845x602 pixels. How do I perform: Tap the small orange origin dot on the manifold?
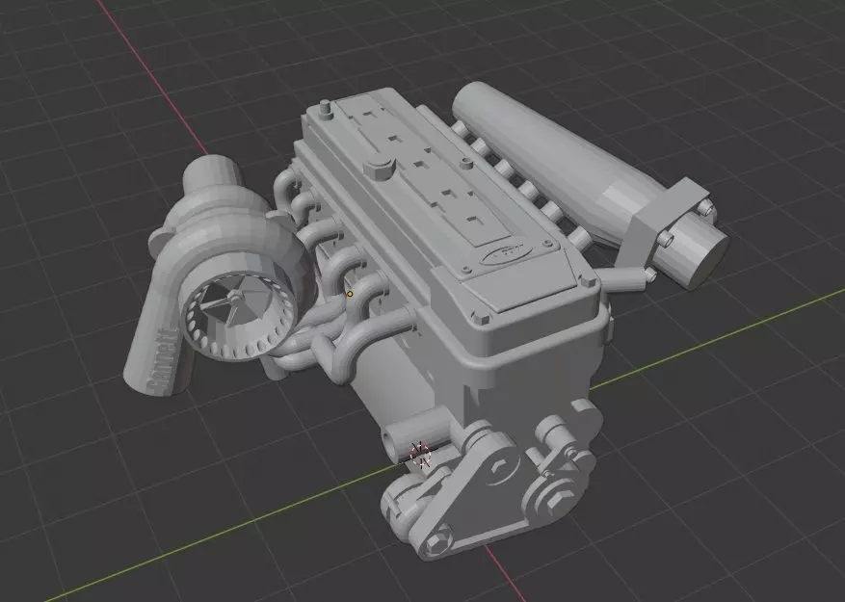pos(350,293)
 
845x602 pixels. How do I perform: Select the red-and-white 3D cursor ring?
pos(420,454)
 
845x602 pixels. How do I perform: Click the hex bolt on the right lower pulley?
pos(555,500)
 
